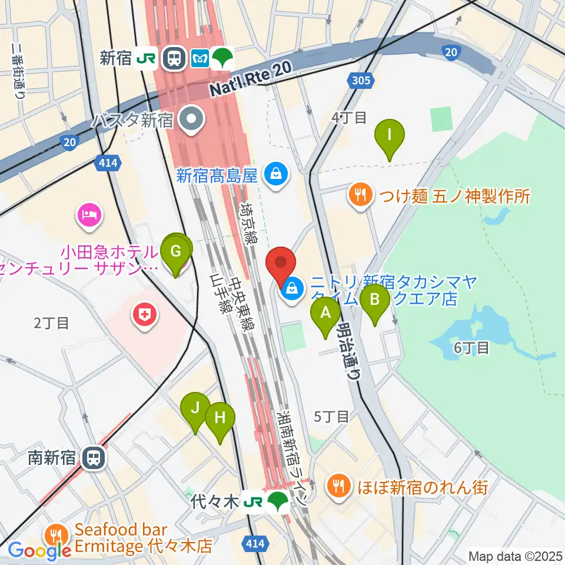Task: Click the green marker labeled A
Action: [325, 313]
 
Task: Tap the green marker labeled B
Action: [375, 300]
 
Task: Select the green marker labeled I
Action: [390, 135]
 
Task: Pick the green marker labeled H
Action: [220, 418]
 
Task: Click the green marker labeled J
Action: [195, 408]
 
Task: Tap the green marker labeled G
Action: [176, 252]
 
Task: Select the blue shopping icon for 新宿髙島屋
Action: [274, 174]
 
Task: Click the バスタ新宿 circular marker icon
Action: [191, 119]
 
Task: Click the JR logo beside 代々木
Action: [254, 502]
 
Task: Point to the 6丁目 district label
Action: [471, 348]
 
